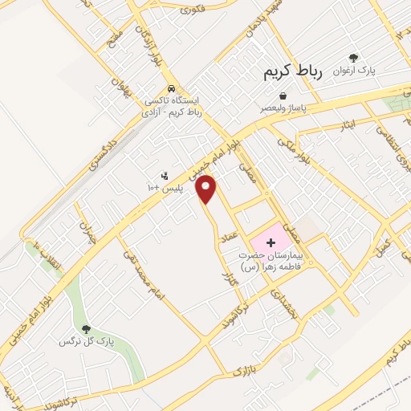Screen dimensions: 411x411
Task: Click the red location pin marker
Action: (207, 189)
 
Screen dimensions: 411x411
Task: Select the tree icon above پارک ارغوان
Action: (363, 59)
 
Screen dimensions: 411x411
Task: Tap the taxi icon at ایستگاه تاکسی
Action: (170, 89)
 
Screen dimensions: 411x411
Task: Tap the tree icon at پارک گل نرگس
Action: (86, 328)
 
